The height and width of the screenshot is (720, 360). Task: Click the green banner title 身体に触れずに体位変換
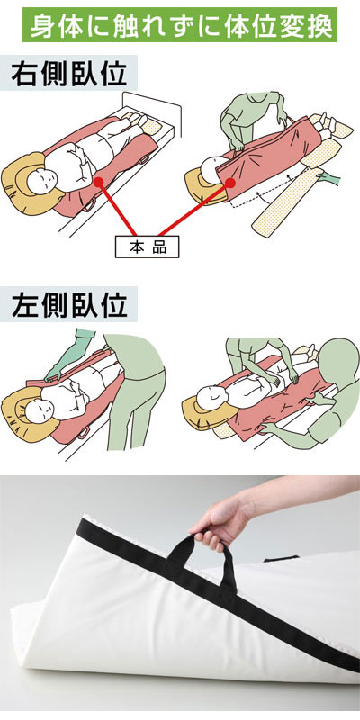pyautogui.click(x=179, y=24)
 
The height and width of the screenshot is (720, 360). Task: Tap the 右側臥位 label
pyautogui.click(x=69, y=73)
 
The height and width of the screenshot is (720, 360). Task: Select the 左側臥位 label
pyautogui.click(x=69, y=304)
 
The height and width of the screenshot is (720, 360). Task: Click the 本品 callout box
pyautogui.click(x=147, y=247)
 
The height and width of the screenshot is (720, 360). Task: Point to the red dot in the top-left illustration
pyautogui.click(x=99, y=182)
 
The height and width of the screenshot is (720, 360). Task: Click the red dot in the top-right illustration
pyautogui.click(x=230, y=183)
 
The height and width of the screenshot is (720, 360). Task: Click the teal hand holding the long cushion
pyautogui.click(x=328, y=176)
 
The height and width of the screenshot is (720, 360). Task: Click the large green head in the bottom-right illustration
pyautogui.click(x=339, y=363)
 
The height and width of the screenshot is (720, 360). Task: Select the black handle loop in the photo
pyautogui.click(x=202, y=562)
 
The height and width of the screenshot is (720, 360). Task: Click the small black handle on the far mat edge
pyautogui.click(x=281, y=559)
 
